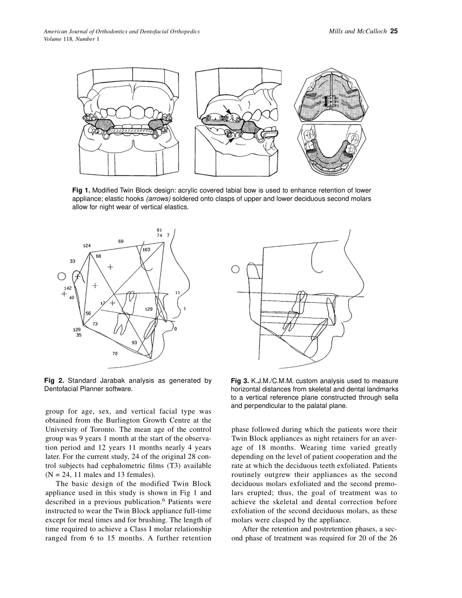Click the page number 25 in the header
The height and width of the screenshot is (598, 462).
click(394, 32)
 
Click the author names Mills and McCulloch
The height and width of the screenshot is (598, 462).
click(357, 32)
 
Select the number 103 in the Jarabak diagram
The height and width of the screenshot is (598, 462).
click(146, 249)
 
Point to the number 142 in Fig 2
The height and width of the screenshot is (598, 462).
click(68, 288)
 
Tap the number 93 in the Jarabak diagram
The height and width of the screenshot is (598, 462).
click(134, 342)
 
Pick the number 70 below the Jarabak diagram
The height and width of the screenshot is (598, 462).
click(115, 353)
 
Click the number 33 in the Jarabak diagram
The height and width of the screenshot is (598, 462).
click(72, 261)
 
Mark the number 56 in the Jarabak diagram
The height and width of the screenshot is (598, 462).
click(88, 314)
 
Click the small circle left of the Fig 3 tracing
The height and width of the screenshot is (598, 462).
click(235, 269)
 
